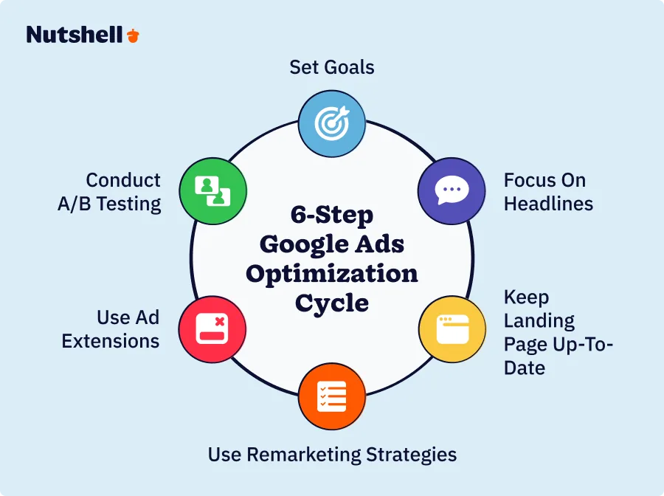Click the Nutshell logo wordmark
(75, 35)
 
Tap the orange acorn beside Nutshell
(133, 35)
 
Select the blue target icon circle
(332, 123)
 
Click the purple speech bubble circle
(452, 190)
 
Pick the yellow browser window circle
(452, 329)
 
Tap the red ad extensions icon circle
(212, 328)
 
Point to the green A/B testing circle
(212, 190)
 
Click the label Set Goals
(332, 67)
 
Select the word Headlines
(548, 203)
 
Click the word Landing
(539, 321)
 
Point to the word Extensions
(111, 341)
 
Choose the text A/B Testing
(109, 203)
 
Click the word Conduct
(123, 180)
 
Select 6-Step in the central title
(332, 216)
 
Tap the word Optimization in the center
(332, 274)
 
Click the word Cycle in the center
(332, 303)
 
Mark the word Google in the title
(299, 244)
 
